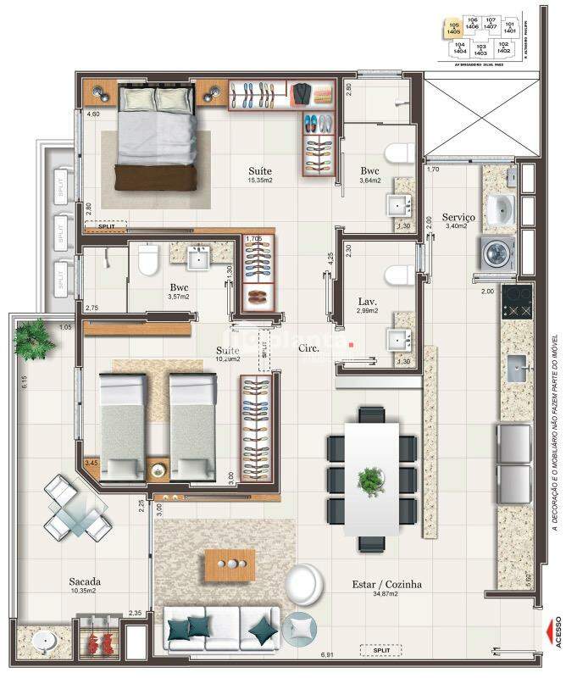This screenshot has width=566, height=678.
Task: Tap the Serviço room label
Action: tap(458, 217)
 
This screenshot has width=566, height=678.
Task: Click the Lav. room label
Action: tap(367, 301)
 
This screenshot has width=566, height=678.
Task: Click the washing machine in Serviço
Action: tap(493, 252)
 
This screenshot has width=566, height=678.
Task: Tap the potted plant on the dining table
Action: tap(371, 480)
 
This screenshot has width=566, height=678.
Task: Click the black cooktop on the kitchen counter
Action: tap(516, 298)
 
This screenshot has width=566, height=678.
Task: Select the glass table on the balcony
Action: tap(79, 511)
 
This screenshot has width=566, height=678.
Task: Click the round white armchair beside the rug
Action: tap(303, 585)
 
